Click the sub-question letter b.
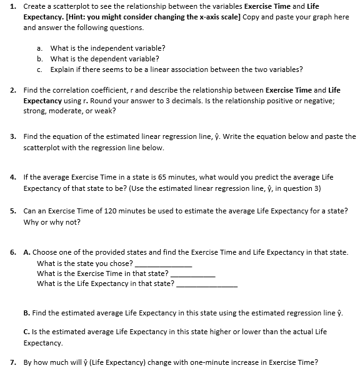pyautogui.click(x=39, y=58)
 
